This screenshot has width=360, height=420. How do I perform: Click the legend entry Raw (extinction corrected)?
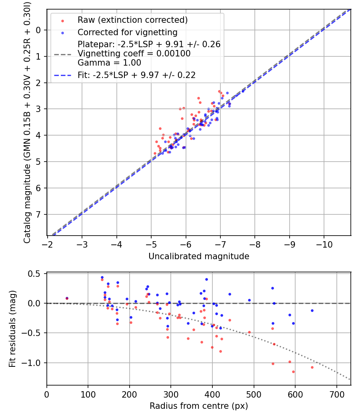point(132,20)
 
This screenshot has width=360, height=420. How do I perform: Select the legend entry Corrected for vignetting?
point(127,32)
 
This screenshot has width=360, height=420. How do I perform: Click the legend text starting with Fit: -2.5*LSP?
point(136,75)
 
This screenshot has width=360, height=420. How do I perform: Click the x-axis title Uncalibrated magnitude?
point(199,256)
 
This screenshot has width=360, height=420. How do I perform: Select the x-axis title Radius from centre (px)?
point(199,406)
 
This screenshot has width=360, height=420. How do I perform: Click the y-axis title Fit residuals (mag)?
point(12,329)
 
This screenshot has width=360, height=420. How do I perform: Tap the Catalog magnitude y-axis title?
point(27,122)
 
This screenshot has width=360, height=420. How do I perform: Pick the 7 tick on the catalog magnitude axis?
point(38,214)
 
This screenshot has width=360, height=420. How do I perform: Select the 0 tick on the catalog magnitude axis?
point(38,30)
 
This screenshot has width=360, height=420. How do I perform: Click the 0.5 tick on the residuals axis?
point(36,274)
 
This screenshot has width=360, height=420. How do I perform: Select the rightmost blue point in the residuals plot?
point(312,310)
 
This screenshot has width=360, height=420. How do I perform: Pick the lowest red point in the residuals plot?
point(293,372)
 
